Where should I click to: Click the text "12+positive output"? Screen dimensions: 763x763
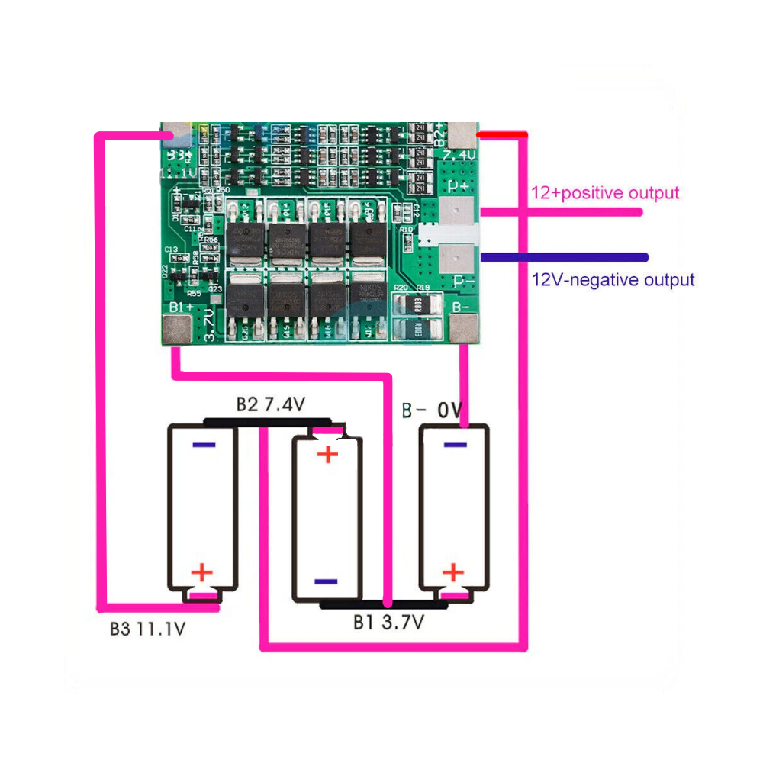(604, 193)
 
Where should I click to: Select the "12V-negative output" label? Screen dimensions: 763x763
(613, 280)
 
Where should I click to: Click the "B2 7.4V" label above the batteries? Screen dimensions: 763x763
(270, 405)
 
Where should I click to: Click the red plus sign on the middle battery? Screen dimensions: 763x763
(327, 455)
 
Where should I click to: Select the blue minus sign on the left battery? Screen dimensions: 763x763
(204, 444)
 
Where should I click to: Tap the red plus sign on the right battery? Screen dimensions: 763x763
(453, 572)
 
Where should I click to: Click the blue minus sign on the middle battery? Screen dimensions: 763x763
(326, 581)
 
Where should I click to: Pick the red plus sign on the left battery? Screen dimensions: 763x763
(202, 572)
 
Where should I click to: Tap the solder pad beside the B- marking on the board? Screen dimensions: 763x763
(463, 330)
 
